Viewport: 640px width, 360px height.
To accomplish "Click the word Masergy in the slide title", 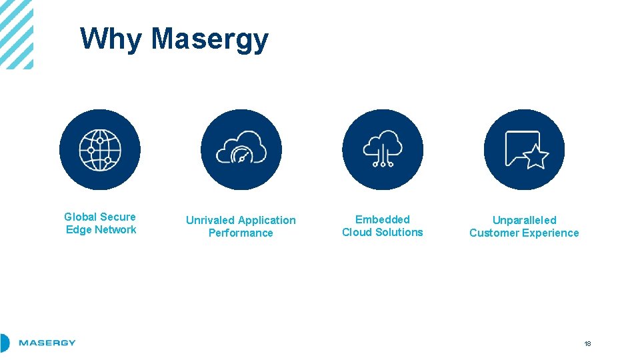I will [x=209, y=40].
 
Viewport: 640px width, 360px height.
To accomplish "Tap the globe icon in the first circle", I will [x=100, y=150].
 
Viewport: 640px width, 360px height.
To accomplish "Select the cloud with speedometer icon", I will [x=241, y=151].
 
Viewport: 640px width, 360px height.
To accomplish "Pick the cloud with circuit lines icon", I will [x=382, y=149].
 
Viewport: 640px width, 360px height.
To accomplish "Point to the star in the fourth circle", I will [x=535, y=157].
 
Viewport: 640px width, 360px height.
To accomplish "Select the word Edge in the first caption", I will [x=78, y=230].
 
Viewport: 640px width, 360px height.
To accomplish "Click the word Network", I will [x=115, y=230].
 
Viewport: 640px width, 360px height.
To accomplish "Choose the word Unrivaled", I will [x=210, y=220].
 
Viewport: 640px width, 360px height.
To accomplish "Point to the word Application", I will [x=267, y=220].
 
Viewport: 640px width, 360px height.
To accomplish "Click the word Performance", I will [x=241, y=233].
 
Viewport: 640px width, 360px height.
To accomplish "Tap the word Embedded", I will [x=383, y=219].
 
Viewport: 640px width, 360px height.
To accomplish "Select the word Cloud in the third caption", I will [x=357, y=233].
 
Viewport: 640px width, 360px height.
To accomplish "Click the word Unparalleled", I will [x=524, y=220].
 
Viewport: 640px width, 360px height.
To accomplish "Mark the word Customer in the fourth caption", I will [x=495, y=233].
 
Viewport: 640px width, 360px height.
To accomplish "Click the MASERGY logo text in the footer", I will [x=47, y=343].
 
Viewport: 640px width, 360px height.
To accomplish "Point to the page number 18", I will [x=587, y=344].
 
